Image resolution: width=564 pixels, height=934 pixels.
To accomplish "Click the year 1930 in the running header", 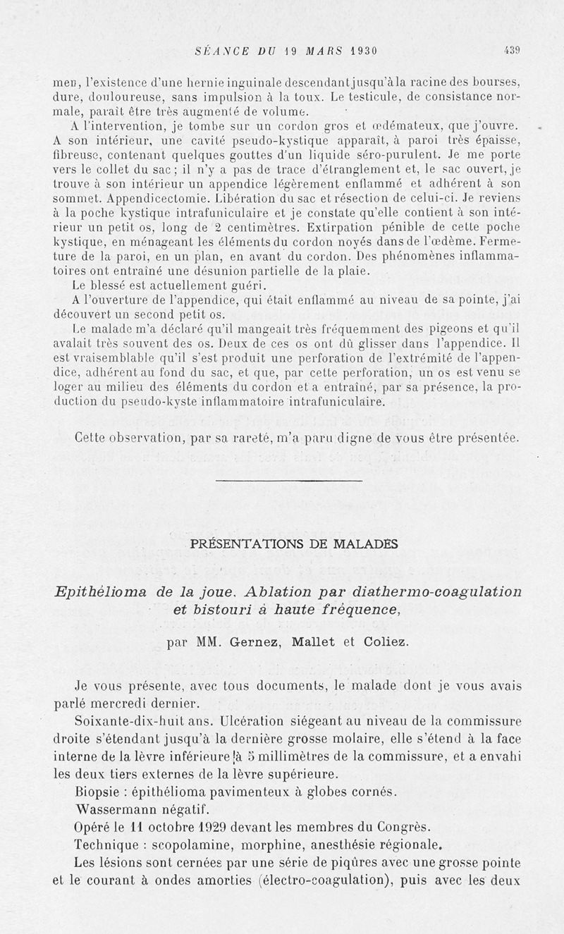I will coord(358,50).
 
